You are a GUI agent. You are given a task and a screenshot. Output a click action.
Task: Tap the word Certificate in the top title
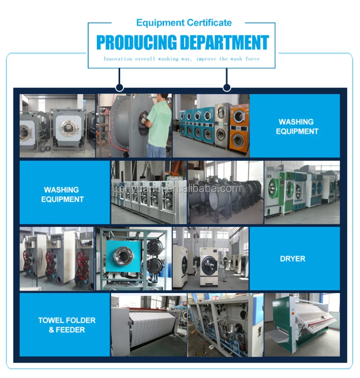(x=209, y=23)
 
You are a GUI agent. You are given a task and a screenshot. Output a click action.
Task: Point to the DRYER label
(x=292, y=259)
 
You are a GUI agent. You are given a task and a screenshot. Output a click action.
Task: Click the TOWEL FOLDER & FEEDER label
(x=67, y=325)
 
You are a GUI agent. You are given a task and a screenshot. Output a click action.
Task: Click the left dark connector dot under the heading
(x=118, y=88)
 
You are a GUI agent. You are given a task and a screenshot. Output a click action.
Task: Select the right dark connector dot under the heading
(x=227, y=88)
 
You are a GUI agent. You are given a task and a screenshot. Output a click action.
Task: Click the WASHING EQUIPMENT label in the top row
(x=297, y=126)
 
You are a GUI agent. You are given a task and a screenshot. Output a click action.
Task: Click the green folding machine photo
(x=302, y=325)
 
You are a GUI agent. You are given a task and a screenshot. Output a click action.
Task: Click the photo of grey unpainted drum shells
(x=225, y=193)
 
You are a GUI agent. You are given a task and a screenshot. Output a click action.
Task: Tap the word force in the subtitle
(x=253, y=59)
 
